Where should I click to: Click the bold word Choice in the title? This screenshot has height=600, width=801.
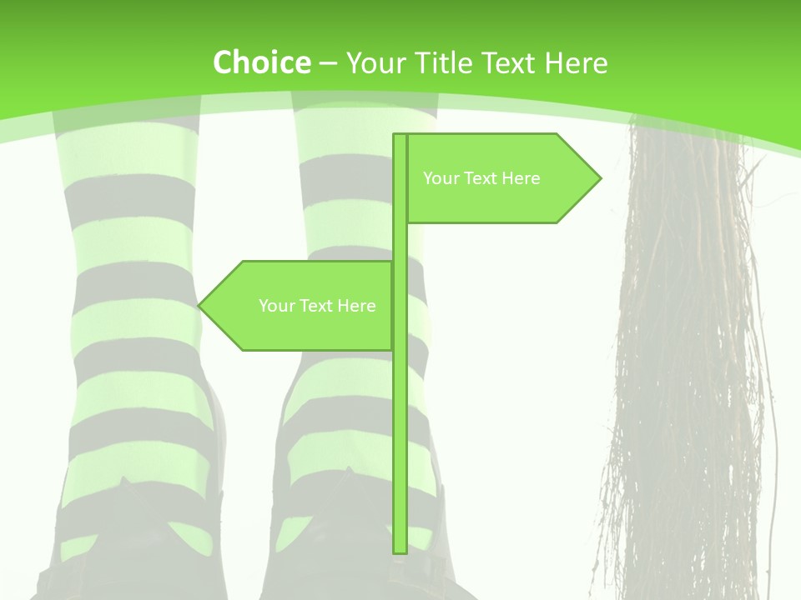click(261, 62)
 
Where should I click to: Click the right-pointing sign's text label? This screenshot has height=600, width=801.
click(481, 178)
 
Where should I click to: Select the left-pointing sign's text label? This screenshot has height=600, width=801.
click(317, 306)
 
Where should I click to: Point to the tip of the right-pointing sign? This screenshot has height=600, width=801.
click(599, 177)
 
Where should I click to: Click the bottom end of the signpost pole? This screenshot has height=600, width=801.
click(400, 550)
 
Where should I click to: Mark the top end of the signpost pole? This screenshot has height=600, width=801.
click(400, 137)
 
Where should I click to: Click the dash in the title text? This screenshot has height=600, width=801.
click(328, 63)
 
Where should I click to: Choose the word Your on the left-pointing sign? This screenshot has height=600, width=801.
click(276, 306)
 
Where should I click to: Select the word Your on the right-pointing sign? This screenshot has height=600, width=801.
click(441, 178)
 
